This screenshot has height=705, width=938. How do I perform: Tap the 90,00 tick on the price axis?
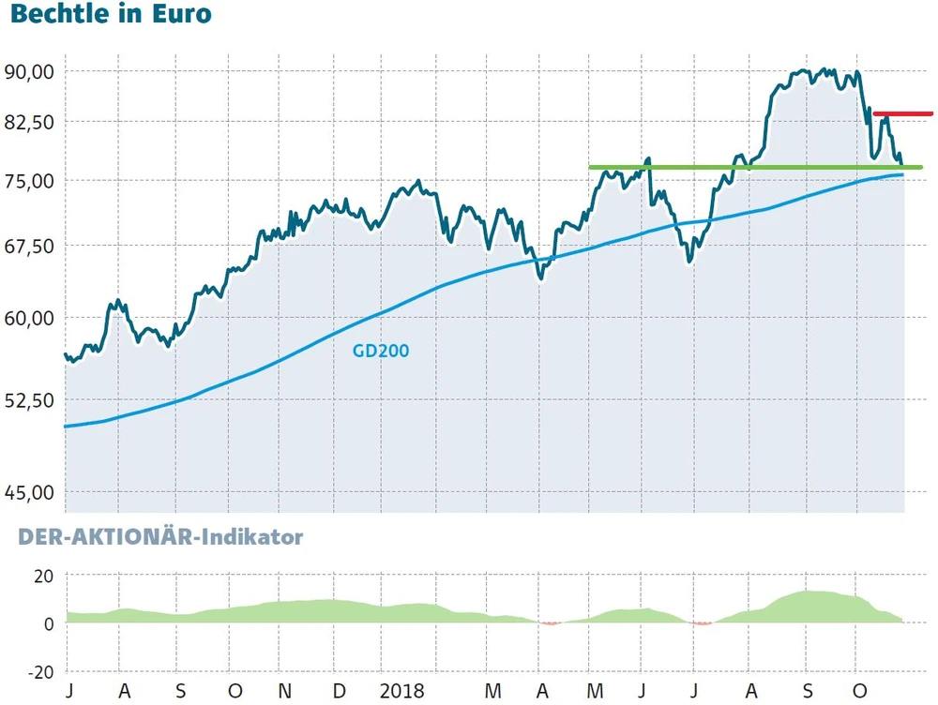coord(30,72)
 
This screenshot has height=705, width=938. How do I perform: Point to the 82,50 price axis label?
coord(30,123)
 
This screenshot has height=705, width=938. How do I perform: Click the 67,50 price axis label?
coord(30,246)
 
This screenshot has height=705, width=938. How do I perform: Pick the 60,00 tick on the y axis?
coord(30,318)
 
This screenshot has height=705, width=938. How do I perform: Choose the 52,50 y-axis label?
coord(30,400)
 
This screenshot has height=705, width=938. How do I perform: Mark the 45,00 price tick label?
coord(30,491)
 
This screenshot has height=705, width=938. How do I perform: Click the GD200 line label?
coord(381,352)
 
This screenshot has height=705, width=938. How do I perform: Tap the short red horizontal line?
coord(902,113)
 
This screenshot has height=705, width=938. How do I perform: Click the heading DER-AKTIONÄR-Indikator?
coord(155,538)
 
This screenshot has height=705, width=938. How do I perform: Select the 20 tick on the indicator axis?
coord(44,576)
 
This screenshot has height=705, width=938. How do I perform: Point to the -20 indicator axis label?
coord(40,672)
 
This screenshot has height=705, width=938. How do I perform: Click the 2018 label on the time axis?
coord(402,692)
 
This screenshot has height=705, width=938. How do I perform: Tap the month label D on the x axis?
coord(339,692)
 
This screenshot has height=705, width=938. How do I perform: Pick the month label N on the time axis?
coord(287,692)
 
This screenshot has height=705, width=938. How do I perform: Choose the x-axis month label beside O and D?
coord(287,692)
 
